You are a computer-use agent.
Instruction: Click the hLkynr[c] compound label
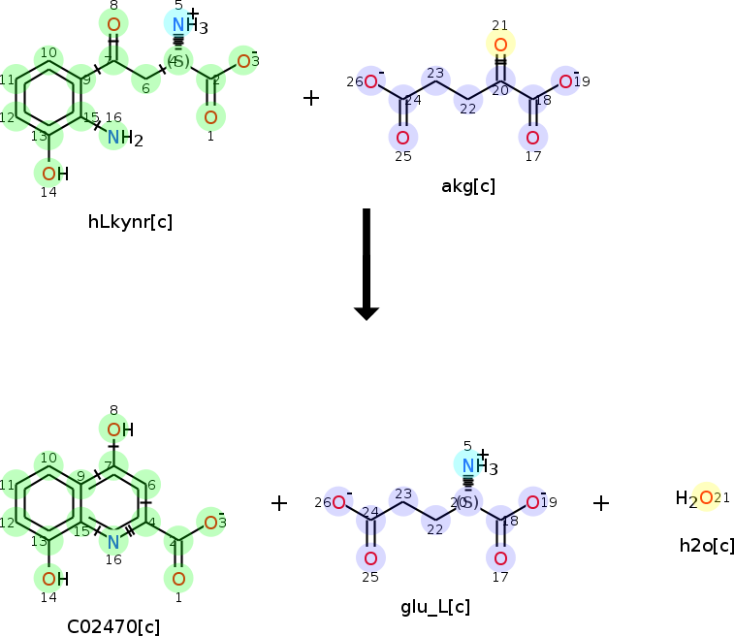point(130,221)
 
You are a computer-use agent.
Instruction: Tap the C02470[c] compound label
point(113,625)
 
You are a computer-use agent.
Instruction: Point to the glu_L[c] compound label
point(435,607)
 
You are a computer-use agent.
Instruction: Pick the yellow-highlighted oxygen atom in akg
point(500,45)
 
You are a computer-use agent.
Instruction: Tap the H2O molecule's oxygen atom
point(706,498)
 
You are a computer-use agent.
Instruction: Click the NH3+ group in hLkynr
point(182,25)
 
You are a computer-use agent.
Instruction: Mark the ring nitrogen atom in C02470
point(113,541)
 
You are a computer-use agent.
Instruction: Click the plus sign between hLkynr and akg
point(310,98)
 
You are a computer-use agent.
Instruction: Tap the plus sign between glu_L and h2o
point(601,502)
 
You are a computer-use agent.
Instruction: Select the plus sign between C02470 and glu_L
point(279,502)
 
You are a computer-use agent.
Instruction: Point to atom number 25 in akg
point(402,137)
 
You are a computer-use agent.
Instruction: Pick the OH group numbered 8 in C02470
point(117,429)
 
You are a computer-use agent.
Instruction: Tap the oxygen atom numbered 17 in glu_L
point(500,558)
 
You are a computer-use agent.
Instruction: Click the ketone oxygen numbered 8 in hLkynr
point(113,24)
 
